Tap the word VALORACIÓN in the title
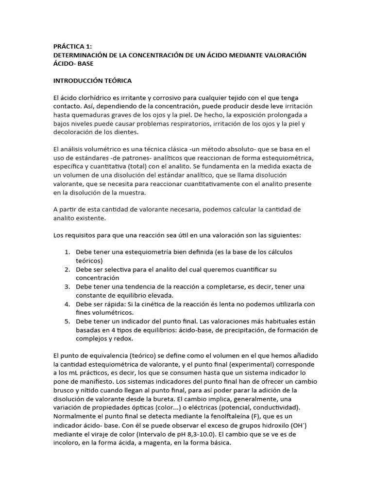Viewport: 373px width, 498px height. click(284, 55)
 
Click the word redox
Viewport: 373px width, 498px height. click(124, 339)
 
